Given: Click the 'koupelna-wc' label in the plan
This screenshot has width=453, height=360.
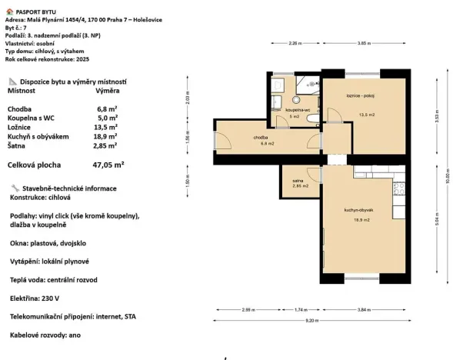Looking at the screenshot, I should pos(297,110).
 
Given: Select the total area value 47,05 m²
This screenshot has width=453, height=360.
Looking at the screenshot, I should pos(108,165).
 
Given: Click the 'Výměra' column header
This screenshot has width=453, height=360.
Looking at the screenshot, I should pos(105,90).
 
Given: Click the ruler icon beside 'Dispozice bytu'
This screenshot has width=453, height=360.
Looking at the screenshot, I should pos(11,81).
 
